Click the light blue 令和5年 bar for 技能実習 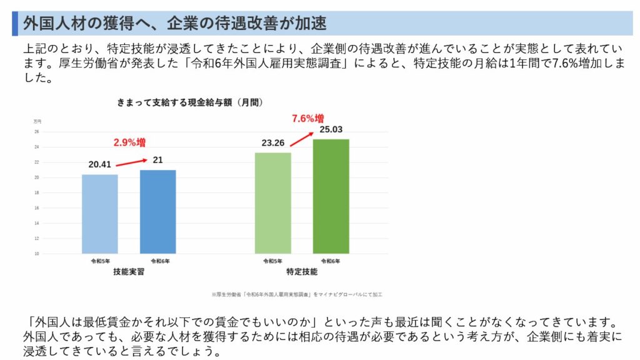point(99,214)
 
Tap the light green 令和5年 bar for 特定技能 point(272,203)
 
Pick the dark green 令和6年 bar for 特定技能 point(331,196)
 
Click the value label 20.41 point(100,165)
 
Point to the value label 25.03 point(331,129)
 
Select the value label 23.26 point(274,143)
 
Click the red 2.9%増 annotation point(129,142)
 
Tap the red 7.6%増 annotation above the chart point(308,118)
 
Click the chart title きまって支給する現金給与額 point(188,101)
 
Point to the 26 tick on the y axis point(37,132)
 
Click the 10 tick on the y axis point(37,254)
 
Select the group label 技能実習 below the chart point(128,272)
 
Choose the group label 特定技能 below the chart point(301,272)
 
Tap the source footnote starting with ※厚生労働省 point(297,293)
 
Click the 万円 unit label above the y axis point(37,121)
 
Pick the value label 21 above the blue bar point(157,160)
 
